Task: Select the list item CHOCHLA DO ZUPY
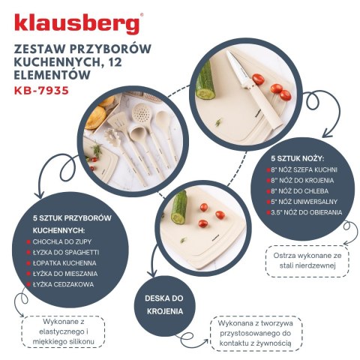pos(63,242)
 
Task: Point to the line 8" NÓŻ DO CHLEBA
pos(307,191)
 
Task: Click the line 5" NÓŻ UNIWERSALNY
pos(310,202)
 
